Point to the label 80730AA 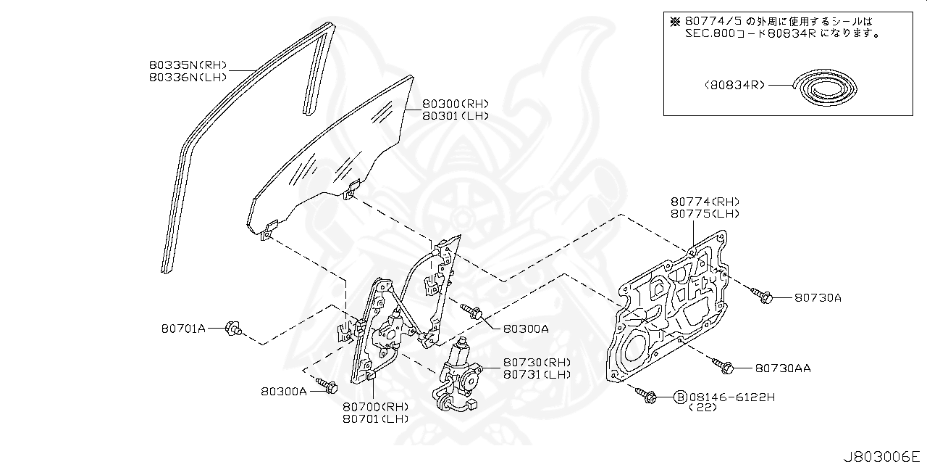pos(783,368)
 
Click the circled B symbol pos(680,397)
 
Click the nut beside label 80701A pos(232,330)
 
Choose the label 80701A pos(183,329)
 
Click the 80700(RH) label pos(376,406)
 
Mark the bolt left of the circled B pos(647,395)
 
